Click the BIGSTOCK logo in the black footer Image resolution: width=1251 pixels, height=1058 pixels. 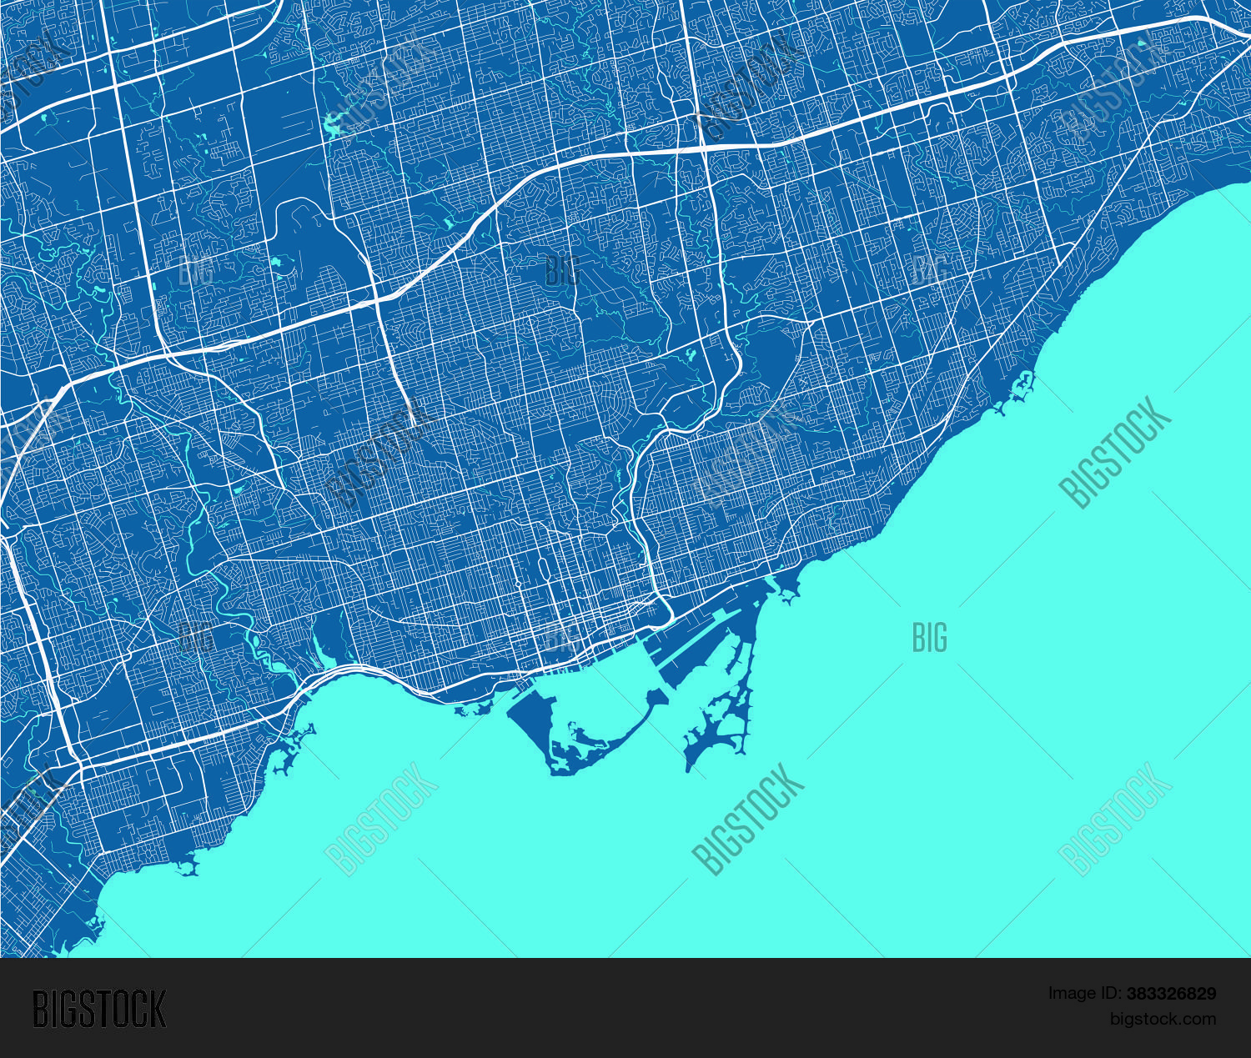click(99, 1010)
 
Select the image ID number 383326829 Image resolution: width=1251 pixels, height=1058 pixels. click(1171, 994)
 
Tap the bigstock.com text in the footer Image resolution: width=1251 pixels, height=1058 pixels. click(1163, 1019)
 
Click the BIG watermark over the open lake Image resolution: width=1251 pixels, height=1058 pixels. click(929, 638)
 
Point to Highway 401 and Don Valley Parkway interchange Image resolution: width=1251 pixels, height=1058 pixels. click(705, 148)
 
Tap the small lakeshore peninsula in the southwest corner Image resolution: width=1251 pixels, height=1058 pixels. click(188, 868)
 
